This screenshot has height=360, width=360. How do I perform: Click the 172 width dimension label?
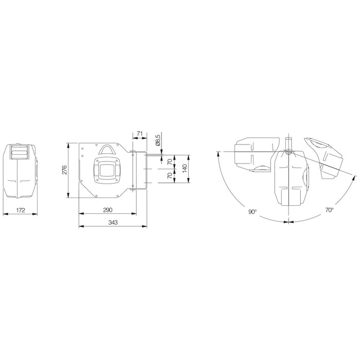click(21, 210)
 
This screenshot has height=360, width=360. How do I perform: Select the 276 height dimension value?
click(64, 169)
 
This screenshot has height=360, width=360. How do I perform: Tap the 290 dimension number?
click(107, 210)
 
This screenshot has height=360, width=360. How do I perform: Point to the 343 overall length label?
click(113, 222)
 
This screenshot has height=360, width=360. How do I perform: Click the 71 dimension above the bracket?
click(139, 133)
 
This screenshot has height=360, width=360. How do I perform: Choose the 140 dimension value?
click(185, 169)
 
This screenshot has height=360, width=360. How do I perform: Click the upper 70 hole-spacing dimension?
click(170, 162)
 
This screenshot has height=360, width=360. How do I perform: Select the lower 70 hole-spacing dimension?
click(170, 176)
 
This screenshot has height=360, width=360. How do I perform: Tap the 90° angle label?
click(252, 212)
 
